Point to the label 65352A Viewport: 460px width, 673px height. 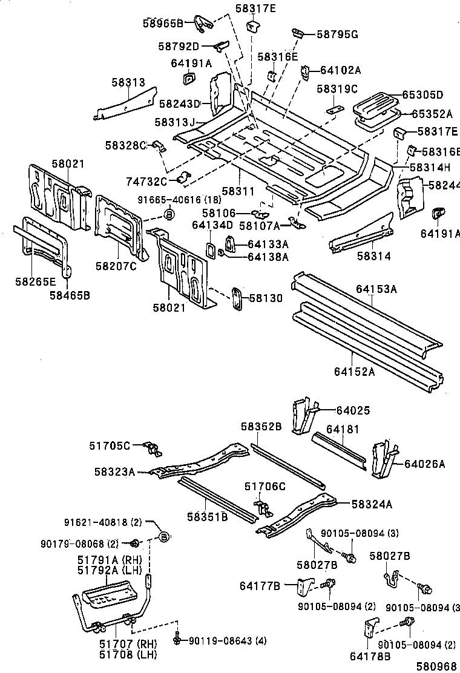click(432, 113)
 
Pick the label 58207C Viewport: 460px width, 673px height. click(116, 265)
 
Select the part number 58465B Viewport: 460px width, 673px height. click(70, 295)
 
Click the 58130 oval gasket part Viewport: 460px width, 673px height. click(236, 299)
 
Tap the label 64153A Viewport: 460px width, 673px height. click(376, 289)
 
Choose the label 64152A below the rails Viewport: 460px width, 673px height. click(354, 372)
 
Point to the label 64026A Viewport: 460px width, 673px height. click(424, 464)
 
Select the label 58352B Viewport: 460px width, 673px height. click(261, 427)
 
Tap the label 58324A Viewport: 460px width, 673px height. click(372, 504)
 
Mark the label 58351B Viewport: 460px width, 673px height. click(207, 516)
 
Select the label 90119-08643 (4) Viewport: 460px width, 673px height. click(219, 640)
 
